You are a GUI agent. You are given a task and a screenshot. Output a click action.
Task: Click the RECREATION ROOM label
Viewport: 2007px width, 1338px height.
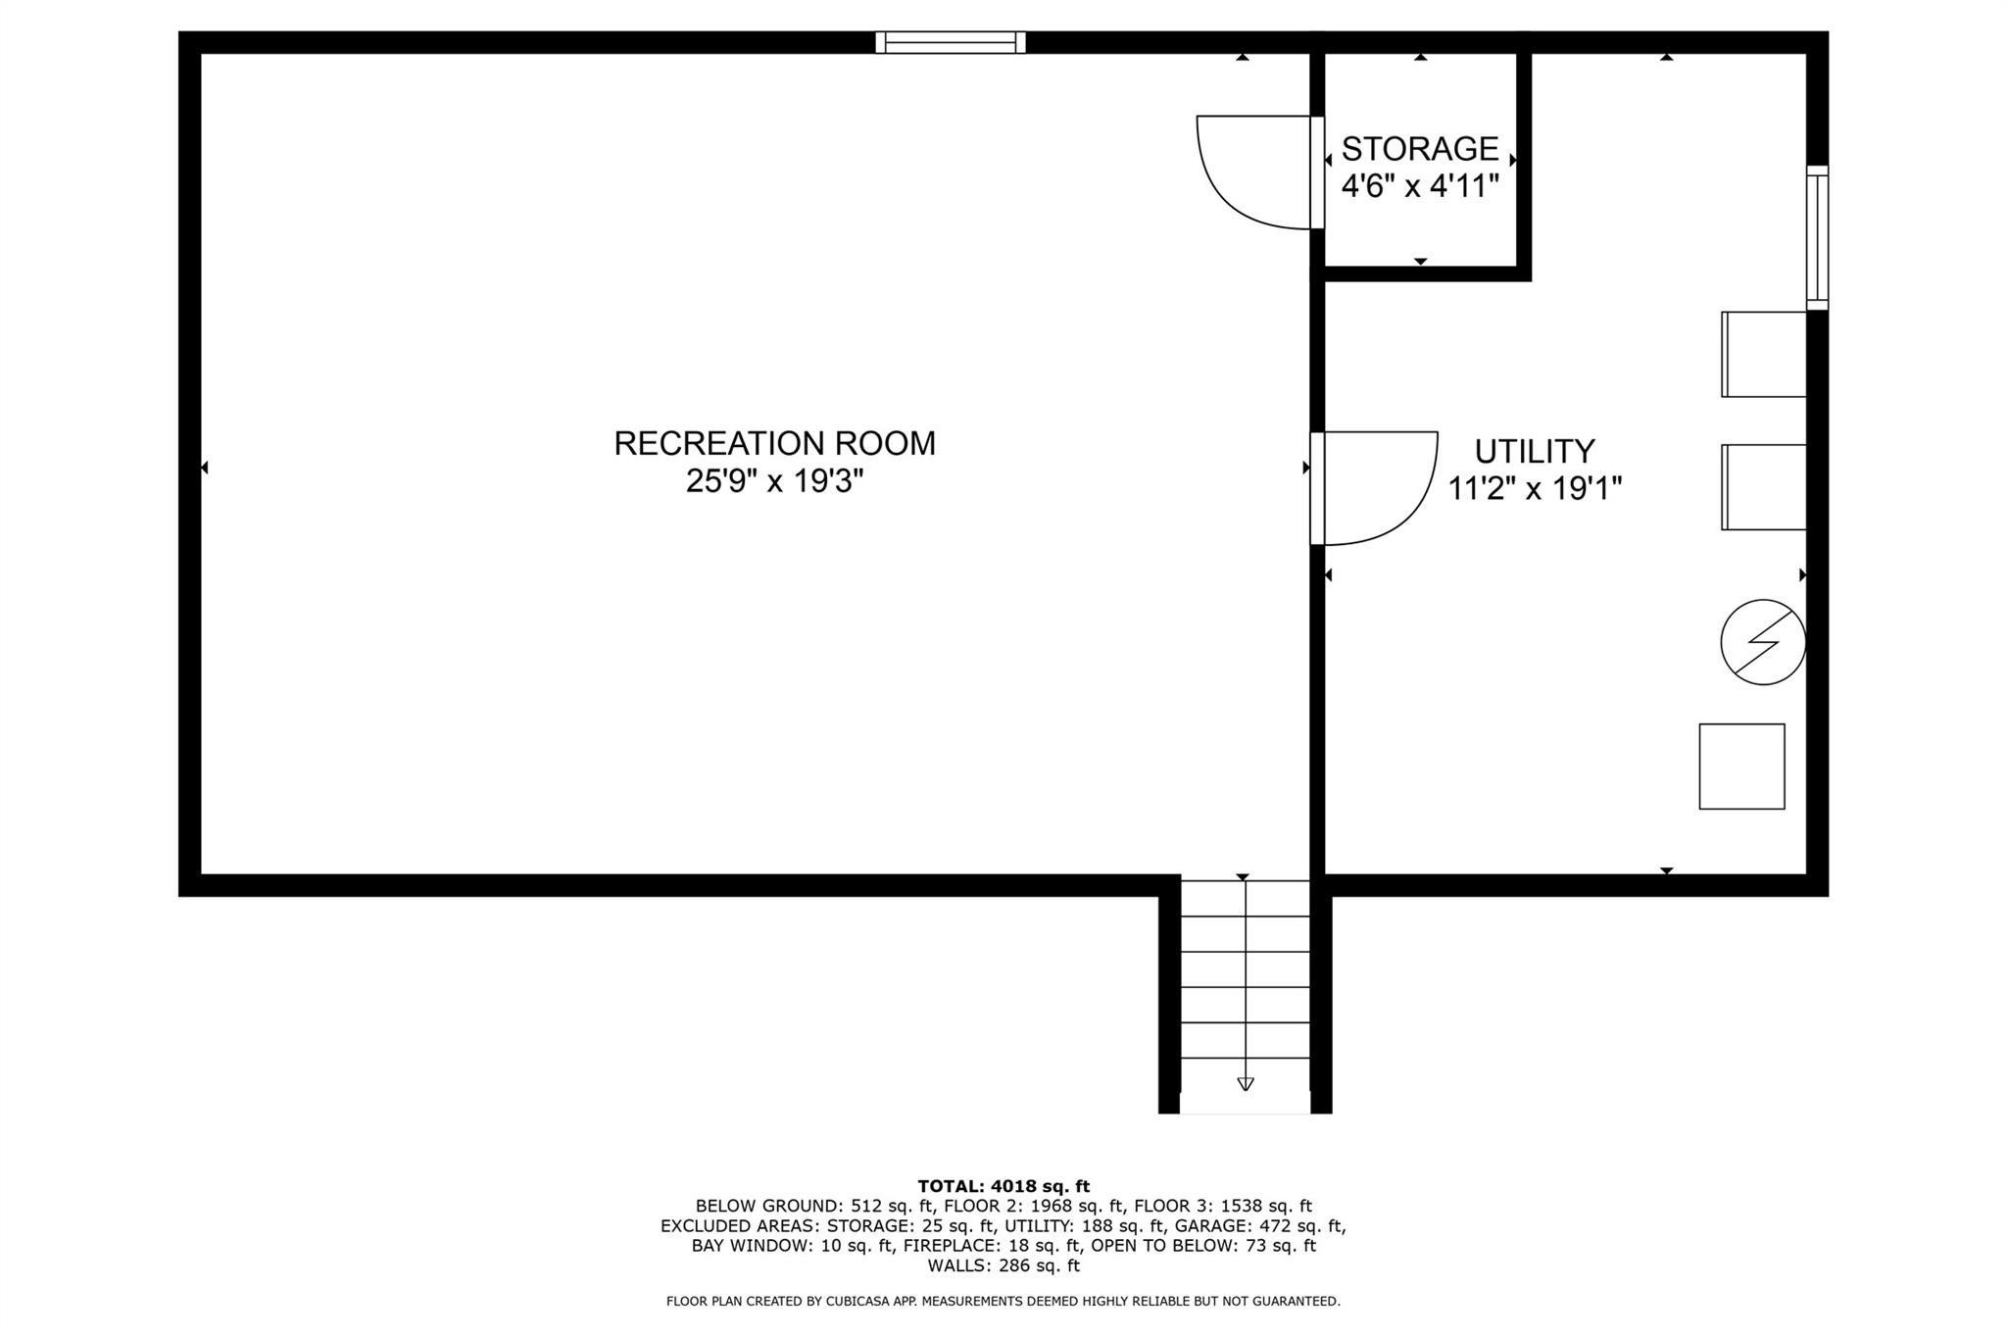tap(774, 443)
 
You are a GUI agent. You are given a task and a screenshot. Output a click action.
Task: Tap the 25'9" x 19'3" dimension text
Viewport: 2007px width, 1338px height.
tap(774, 482)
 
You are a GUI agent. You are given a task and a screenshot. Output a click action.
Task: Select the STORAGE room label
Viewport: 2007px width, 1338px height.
tap(1420, 149)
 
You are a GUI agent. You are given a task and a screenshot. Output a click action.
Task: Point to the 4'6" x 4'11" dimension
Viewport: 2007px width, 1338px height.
tap(1420, 185)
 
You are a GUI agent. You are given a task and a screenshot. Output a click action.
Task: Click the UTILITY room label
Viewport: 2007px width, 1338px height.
tap(1535, 451)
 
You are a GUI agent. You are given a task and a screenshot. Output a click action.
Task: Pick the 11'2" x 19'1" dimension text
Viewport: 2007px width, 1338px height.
tap(1535, 488)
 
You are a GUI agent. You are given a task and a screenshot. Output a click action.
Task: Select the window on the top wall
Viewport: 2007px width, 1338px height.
tap(951, 42)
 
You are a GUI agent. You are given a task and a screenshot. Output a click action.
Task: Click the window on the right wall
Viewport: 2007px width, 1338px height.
tap(1817, 238)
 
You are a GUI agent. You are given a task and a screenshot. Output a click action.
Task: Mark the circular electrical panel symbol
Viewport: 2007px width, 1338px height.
tap(1763, 642)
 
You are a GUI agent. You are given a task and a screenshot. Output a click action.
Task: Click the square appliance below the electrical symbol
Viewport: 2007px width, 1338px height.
tap(1741, 767)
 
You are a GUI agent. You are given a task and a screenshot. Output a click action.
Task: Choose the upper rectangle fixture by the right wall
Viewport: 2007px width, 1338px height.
tap(1763, 354)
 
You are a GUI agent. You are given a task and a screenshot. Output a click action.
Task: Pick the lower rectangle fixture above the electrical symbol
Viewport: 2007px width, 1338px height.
tap(1763, 487)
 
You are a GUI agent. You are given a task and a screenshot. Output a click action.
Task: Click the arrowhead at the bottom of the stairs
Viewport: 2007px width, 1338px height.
tap(1245, 1084)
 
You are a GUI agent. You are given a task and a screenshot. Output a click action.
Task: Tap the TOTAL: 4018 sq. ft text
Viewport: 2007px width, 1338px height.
tap(1003, 1186)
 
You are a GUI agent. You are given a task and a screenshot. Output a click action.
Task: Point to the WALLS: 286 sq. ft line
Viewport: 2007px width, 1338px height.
tap(1003, 1265)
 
